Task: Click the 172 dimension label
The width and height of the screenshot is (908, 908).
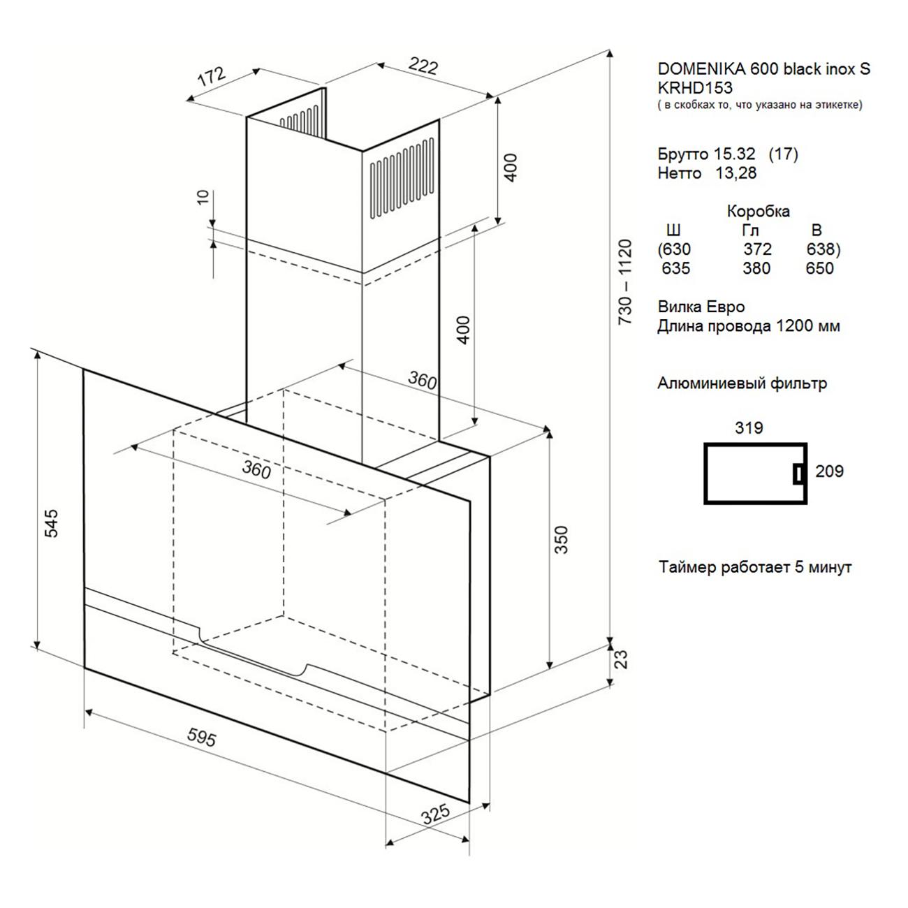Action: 212,76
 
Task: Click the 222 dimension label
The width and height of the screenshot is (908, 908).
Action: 423,66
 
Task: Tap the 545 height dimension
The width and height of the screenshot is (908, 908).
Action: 51,523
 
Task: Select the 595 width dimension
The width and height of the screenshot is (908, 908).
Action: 202,737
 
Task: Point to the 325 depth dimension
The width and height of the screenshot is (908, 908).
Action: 436,814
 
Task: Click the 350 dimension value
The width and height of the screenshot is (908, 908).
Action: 561,540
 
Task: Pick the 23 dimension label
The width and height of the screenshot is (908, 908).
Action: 622,659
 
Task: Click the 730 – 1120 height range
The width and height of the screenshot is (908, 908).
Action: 625,281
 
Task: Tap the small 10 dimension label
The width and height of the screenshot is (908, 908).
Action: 203,197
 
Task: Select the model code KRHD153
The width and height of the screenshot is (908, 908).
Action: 695,87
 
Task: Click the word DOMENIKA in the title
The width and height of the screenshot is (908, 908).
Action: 702,69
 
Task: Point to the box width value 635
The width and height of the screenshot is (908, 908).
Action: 675,269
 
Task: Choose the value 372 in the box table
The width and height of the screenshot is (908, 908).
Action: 757,249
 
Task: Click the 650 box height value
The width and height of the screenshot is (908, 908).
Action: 820,269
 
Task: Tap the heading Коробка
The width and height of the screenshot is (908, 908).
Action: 758,211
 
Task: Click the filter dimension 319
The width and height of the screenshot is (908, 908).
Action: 749,428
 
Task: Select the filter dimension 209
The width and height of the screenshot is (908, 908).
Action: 829,471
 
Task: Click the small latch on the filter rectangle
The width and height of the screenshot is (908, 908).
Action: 798,474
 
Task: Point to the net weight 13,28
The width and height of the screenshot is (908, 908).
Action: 736,173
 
